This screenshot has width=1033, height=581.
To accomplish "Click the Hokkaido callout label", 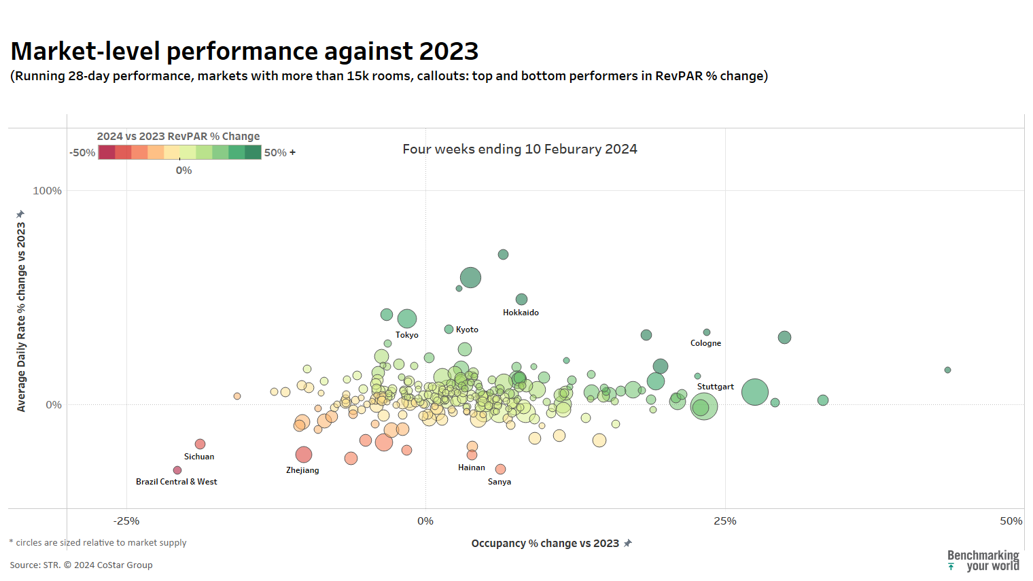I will [x=521, y=313].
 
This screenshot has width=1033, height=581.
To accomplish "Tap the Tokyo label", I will [x=407, y=335].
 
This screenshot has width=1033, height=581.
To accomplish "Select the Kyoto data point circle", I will [x=449, y=330].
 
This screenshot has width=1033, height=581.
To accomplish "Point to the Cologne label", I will [x=705, y=343].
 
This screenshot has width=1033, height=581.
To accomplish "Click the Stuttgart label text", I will [x=715, y=387].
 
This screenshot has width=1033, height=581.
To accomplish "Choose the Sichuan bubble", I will [x=200, y=444].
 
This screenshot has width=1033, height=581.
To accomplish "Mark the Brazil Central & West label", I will [x=176, y=482].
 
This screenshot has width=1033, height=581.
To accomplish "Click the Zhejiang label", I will [x=302, y=470].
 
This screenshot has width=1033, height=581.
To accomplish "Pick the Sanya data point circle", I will [x=500, y=469].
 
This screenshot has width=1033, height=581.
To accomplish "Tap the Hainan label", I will [x=472, y=468].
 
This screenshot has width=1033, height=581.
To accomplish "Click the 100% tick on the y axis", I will [x=47, y=191].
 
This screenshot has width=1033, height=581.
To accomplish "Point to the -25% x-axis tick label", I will [x=126, y=521].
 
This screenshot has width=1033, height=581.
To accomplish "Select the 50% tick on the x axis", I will [x=1011, y=521].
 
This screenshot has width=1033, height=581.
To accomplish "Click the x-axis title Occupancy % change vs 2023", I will [x=545, y=544].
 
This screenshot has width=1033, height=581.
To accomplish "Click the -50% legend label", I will [x=82, y=153].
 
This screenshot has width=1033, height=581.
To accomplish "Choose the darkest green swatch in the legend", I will [x=253, y=153].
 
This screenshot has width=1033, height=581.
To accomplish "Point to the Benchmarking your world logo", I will [x=983, y=561].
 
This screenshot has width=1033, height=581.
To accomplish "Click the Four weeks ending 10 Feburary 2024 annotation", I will [x=520, y=149].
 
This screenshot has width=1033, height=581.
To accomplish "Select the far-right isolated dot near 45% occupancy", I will [x=947, y=370].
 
